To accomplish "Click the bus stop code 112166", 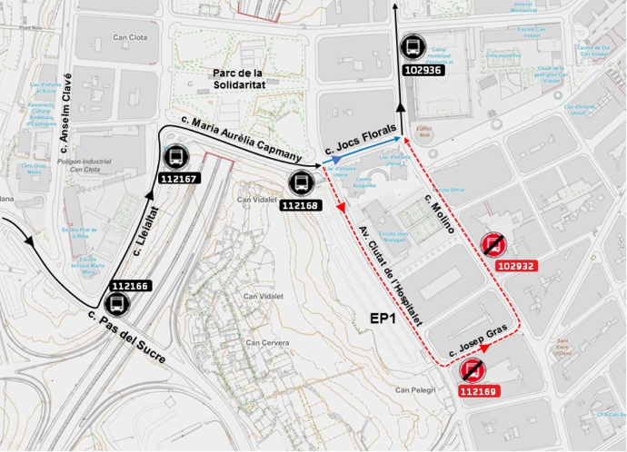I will coord(129,286).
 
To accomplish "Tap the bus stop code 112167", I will coord(179,179).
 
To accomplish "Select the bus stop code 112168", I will coord(301,205).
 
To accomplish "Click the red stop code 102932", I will coord(517,266).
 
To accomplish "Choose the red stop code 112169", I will coord(478,392).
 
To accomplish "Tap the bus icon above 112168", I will coord(301,183).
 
